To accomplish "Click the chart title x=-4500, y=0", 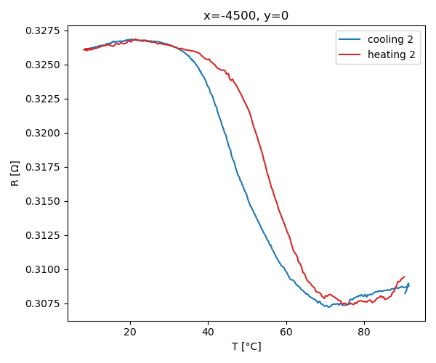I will (x=246, y=16).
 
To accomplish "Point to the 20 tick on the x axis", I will (x=130, y=332).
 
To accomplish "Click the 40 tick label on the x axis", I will (x=208, y=332).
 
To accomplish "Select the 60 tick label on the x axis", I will (x=286, y=332).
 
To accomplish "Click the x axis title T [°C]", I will (x=246, y=346).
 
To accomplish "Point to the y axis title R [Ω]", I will (x=15, y=174).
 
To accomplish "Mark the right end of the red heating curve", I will (x=404, y=277).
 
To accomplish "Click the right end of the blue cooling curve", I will (x=408, y=284).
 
